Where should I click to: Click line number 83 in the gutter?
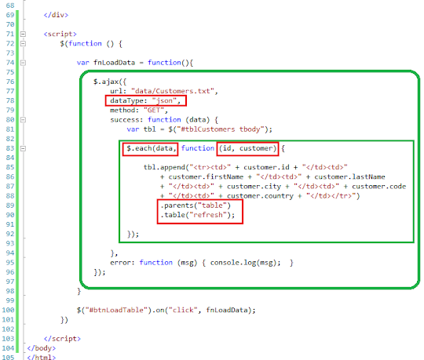pyautogui.click(x=10, y=148)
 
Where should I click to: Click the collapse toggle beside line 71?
pyautogui.click(x=24, y=34)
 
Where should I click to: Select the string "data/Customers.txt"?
pyautogui.click(x=173, y=91)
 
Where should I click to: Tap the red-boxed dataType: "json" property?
pyautogui.click(x=146, y=100)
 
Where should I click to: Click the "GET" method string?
pyautogui.click(x=154, y=110)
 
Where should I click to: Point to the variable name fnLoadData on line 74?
pyautogui.click(x=114, y=63)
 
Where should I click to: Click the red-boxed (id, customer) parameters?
pyautogui.click(x=247, y=148)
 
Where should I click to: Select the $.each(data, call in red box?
pyautogui.click(x=150, y=149)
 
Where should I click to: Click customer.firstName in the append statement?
pyautogui.click(x=206, y=177)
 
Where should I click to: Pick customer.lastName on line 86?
pyautogui.click(x=349, y=177)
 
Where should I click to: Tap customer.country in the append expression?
pyautogui.click(x=260, y=196)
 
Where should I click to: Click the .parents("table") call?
pyautogui.click(x=196, y=205)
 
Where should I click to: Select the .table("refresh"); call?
pyautogui.click(x=198, y=215)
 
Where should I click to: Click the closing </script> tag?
pyautogui.click(x=62, y=339)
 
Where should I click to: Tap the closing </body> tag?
pyautogui.click(x=41, y=348)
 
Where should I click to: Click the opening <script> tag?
pyautogui.click(x=60, y=34)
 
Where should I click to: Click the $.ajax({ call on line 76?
pyautogui.click(x=110, y=82)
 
